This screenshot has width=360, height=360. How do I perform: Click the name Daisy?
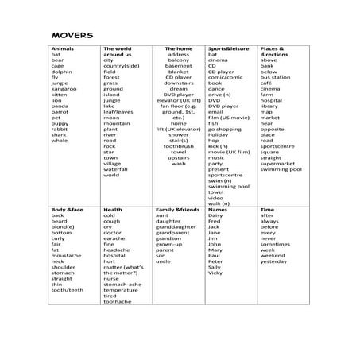[x=215, y=215]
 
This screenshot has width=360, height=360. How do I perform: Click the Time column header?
[x=267, y=209]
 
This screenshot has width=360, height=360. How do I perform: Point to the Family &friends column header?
[x=178, y=209]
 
